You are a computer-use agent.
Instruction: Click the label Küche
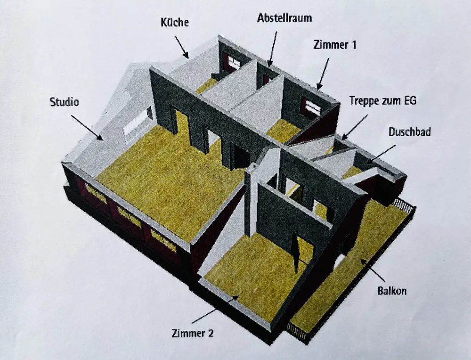coord(175,22)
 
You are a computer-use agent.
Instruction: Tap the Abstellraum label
coord(284,18)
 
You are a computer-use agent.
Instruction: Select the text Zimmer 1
coord(334,45)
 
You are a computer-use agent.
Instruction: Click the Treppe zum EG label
coord(383,101)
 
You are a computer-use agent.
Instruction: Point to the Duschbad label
coord(410,131)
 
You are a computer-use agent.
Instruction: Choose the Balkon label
coord(392,291)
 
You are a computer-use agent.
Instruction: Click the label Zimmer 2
coord(193,333)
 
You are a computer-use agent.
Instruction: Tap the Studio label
coord(64,102)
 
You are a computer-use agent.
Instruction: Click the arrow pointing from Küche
coord(182,47)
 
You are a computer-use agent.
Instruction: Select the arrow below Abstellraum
coord(273,49)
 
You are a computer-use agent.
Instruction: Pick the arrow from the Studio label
coord(87,128)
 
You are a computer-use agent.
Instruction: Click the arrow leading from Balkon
coord(373,270)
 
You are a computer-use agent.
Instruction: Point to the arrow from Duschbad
coord(381,155)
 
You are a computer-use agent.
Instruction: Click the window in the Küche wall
coord(234,63)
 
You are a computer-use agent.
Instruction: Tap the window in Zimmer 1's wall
coord(311,106)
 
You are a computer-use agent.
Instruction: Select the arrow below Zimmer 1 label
coord(323,74)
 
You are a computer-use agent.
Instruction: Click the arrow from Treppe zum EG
coord(355,127)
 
